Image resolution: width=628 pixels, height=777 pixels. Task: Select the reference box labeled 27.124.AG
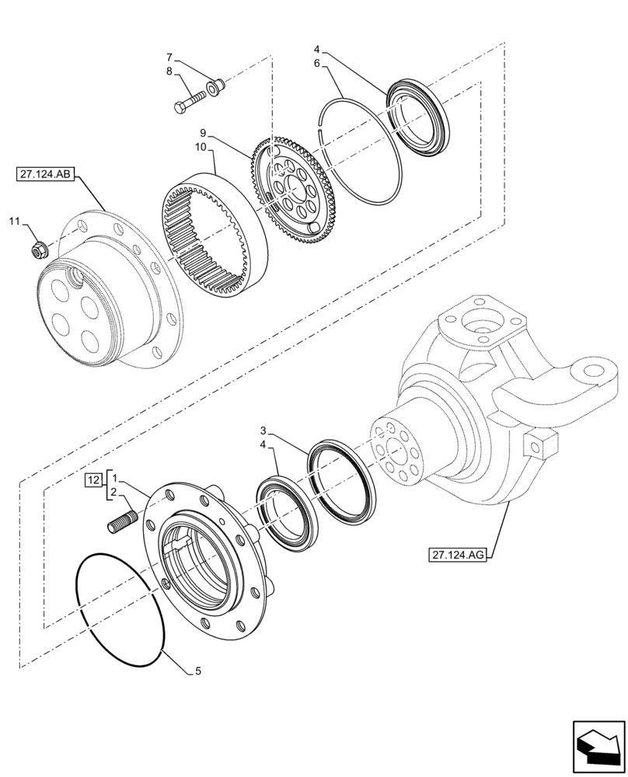tap(456, 555)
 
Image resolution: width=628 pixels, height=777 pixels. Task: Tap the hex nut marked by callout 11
tap(38, 250)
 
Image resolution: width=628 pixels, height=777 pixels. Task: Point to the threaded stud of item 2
tap(121, 518)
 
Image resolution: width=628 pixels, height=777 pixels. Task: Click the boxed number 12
tap(93, 479)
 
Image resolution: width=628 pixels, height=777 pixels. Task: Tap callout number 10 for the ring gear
tap(179, 148)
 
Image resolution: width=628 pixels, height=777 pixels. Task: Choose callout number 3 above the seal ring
tap(264, 430)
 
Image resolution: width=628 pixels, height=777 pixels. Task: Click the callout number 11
tap(14, 223)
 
